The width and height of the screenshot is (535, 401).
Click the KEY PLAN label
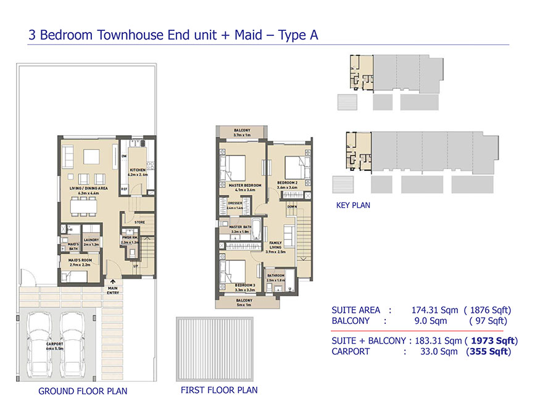(353, 205)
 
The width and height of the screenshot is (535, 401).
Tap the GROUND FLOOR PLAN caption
(83, 391)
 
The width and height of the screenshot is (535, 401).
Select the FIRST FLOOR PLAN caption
(219, 390)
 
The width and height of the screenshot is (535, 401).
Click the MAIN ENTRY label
(113, 290)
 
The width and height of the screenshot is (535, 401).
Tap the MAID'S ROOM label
(80, 262)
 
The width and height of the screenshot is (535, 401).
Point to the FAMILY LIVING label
(275, 247)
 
